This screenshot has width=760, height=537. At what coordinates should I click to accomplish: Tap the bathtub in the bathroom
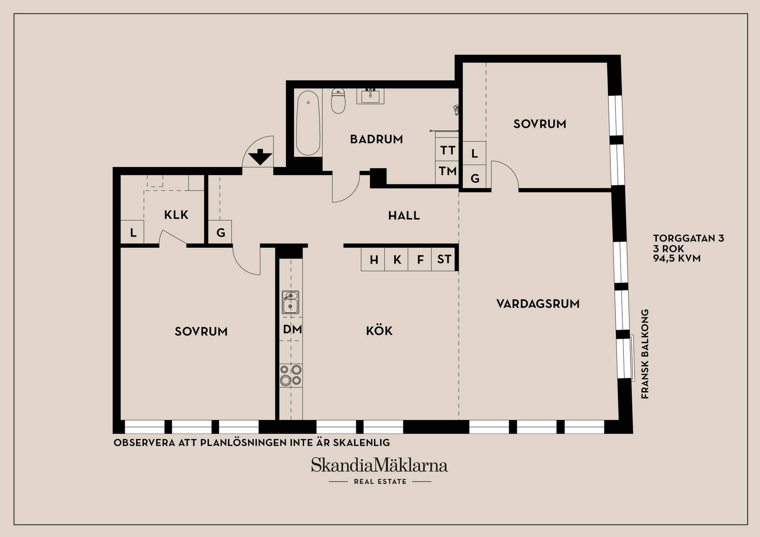308,123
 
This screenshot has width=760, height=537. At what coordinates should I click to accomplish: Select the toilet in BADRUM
338,101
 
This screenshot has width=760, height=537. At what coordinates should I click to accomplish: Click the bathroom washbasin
370,96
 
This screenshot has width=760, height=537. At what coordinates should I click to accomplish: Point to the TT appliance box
447,150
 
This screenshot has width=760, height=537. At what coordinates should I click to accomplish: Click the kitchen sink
291,302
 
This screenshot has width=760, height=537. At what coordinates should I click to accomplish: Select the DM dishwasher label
293,329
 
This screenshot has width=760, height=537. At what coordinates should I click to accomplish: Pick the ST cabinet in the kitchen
443,260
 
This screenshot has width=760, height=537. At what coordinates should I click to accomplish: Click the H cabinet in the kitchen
373,260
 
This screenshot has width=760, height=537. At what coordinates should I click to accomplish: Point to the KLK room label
176,215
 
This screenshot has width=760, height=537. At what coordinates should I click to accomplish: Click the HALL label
404,216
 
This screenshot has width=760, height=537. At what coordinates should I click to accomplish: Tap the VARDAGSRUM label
538,304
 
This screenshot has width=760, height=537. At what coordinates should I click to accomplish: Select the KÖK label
379,330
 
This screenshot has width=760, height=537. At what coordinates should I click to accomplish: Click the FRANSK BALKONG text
645,354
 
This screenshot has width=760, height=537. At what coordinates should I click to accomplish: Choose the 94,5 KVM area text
677,258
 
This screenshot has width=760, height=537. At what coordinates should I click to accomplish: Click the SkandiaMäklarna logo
379,465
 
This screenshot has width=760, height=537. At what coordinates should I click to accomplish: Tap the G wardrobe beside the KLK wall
220,232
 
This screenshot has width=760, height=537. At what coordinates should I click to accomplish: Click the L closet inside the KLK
132,232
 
